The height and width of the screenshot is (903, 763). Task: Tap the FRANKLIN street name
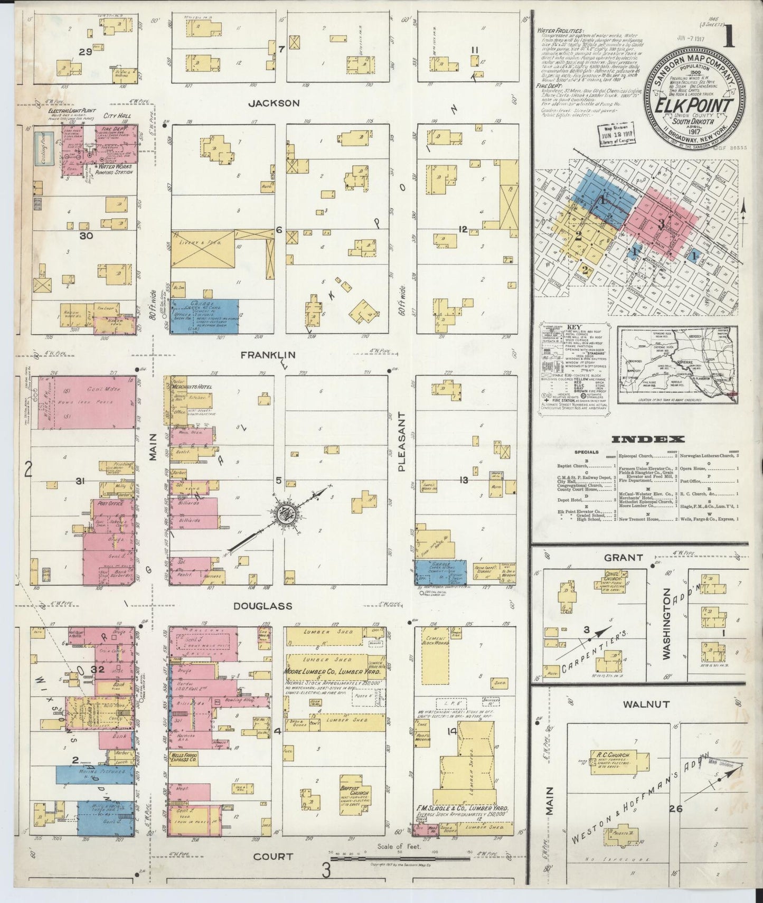268,355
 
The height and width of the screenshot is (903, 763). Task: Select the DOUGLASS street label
263,606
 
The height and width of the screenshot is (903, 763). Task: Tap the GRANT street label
623,557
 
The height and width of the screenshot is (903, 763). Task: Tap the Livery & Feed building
202,249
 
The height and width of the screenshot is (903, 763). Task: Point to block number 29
86,52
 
